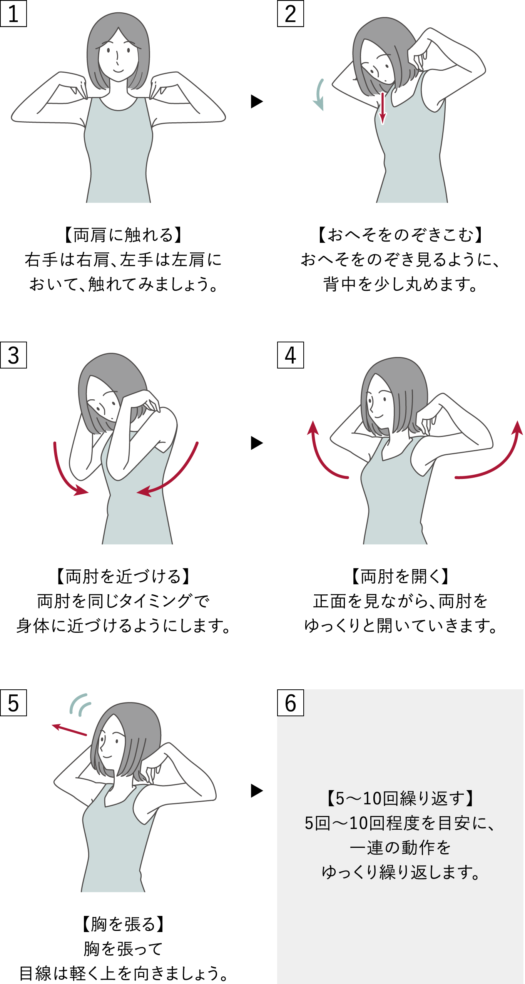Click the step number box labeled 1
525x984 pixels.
[x=13, y=13]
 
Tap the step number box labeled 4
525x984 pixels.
[x=290, y=355]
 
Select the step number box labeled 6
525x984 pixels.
[x=290, y=703]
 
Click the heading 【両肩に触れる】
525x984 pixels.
[x=123, y=235]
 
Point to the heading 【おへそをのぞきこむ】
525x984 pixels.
[x=400, y=235]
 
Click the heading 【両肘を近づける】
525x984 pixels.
[x=123, y=576]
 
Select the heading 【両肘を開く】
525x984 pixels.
[x=400, y=576]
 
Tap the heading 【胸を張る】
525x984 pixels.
[x=123, y=924]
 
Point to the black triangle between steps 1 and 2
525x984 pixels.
[x=256, y=102]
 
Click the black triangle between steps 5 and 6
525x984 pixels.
[x=256, y=791]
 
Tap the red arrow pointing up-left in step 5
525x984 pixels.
[x=69, y=730]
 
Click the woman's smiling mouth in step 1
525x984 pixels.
[x=118, y=71]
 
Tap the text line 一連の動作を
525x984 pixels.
[x=400, y=847]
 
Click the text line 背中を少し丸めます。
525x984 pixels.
[x=400, y=284]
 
